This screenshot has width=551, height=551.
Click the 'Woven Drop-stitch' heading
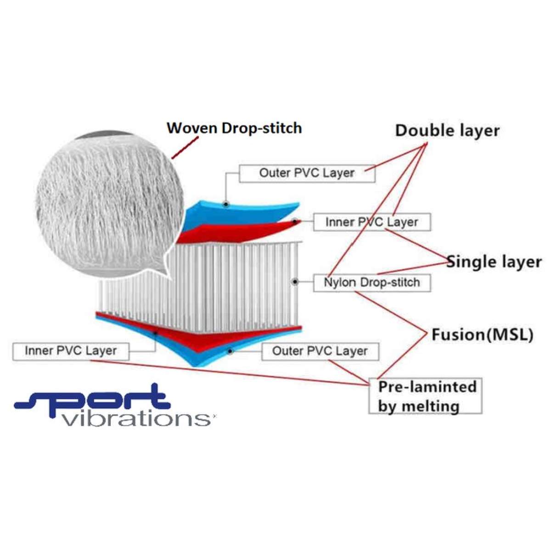[x=234, y=128]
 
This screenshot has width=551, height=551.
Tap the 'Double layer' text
[x=447, y=130]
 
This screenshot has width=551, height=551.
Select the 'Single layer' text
[x=494, y=262]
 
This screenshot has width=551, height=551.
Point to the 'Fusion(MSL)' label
[x=482, y=335]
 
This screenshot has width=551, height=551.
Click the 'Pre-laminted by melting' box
[x=425, y=396]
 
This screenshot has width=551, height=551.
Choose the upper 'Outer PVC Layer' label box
[x=307, y=173]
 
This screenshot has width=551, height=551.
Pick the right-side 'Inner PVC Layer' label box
[x=372, y=222]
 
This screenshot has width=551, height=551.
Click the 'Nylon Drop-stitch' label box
[x=372, y=282]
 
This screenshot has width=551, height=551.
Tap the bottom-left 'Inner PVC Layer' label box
[x=71, y=351]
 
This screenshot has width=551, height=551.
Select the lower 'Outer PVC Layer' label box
[x=320, y=351]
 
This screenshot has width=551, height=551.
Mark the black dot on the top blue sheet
[x=226, y=203]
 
